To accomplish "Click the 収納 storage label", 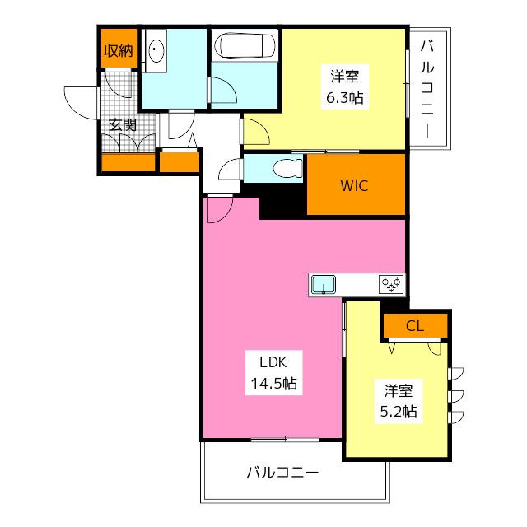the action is click(x=119, y=51).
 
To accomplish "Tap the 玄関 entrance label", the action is click(x=123, y=125).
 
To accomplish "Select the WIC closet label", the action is click(x=354, y=186).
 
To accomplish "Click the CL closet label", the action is click(x=415, y=326).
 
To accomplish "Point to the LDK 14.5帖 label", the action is click(x=274, y=373).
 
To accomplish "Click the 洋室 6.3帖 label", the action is click(x=345, y=86).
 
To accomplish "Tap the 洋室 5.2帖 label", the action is click(x=399, y=401).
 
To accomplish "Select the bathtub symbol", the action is click(x=245, y=46).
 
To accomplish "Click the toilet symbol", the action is click(x=287, y=168).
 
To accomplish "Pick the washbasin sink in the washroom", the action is click(x=156, y=50).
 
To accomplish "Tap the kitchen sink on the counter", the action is click(x=324, y=285).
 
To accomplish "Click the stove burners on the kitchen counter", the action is click(x=391, y=285).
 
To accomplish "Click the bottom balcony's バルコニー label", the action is click(x=282, y=473).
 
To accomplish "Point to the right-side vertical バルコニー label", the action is click(x=427, y=89).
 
